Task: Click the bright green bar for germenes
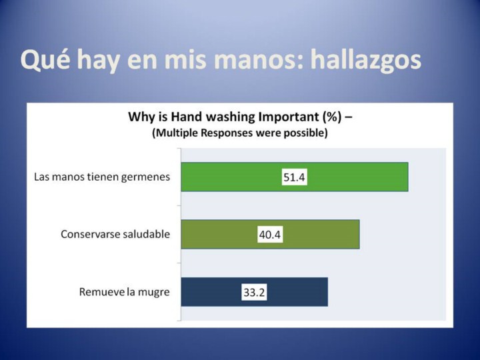[295, 177]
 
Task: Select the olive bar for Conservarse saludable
[270, 234]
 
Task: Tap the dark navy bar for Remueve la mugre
[255, 292]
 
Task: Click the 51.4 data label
[294, 177]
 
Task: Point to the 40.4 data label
[270, 235]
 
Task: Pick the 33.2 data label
[254, 293]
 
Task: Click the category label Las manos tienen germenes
[102, 177]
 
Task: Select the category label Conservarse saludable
[115, 234]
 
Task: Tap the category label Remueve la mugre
[124, 292]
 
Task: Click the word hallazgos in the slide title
[366, 59]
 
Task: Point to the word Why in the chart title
[140, 117]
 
